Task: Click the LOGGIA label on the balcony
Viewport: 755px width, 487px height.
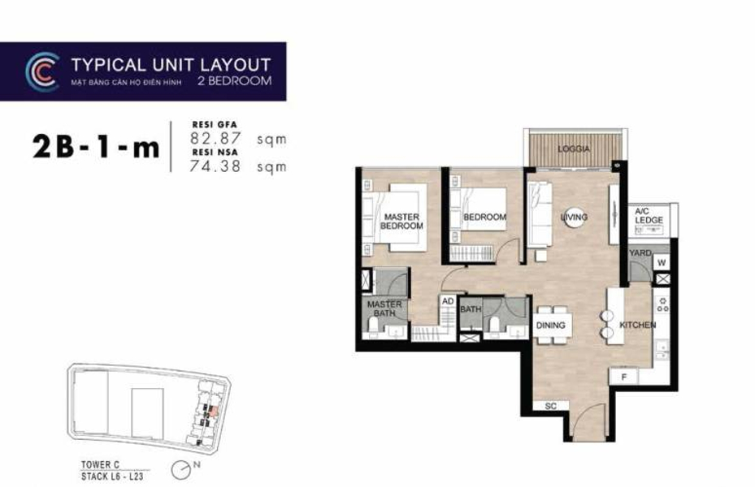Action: [x=574, y=149]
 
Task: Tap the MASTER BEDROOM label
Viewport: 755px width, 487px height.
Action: [x=401, y=221]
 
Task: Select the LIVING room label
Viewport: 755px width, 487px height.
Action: [x=574, y=218]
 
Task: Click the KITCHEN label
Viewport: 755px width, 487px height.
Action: [x=637, y=325]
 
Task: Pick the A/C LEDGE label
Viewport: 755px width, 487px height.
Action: [x=649, y=216]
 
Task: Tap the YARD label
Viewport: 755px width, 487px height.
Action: [x=640, y=253]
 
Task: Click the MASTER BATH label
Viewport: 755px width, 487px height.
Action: [x=384, y=309]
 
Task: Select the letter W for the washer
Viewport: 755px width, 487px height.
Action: [x=661, y=262]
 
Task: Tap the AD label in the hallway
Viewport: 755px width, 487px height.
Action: [x=447, y=300]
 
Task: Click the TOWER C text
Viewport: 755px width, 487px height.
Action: [x=98, y=464]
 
